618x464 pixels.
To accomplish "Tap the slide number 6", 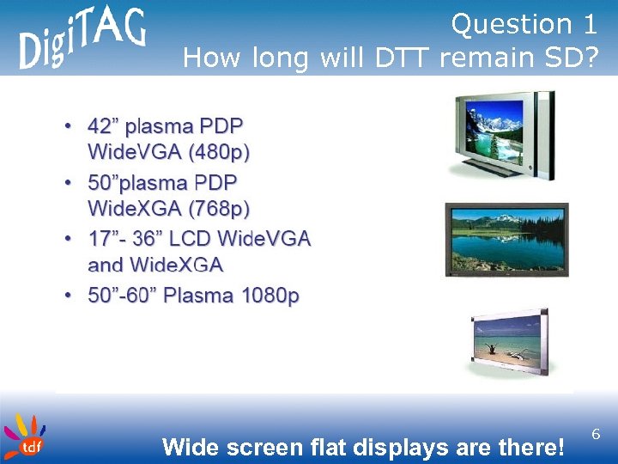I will pos(596,437).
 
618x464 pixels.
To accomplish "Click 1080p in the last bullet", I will pos(270,296).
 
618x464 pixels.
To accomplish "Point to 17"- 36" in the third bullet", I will pos(128,238).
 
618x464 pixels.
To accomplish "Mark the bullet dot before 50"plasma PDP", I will pos(68,183).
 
